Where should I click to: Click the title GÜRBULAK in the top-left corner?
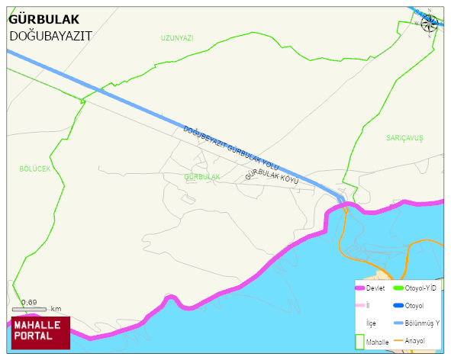click(43, 20)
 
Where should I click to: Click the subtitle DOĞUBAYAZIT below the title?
click(50, 35)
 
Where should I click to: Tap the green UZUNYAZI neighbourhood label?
click(177, 37)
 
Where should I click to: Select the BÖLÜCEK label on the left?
click(34, 169)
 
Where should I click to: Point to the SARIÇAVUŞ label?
click(404, 137)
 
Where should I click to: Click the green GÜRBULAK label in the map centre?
click(201, 176)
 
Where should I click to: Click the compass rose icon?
click(430, 23)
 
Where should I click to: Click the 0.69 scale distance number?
click(30, 302)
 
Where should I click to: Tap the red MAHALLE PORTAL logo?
click(40, 332)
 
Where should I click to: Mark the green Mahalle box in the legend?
click(360, 342)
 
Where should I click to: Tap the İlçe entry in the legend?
click(371, 323)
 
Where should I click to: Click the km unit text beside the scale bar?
click(56, 309)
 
